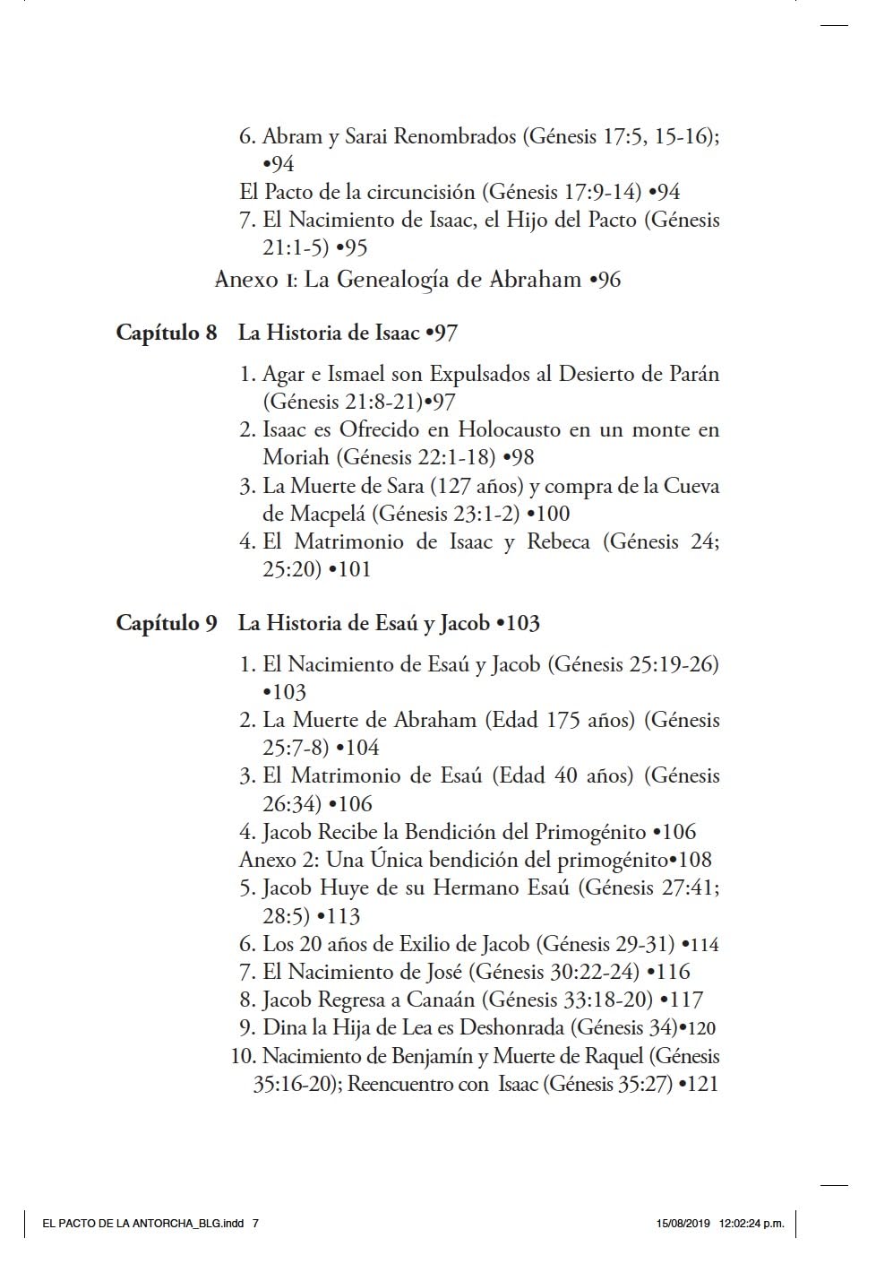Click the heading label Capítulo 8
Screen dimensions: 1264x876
[166, 333]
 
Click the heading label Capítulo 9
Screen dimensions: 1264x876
[166, 623]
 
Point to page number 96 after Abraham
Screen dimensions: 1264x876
[608, 280]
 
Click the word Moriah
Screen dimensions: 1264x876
[296, 457]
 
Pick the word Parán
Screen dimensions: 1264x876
[693, 374]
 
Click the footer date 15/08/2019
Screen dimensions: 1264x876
[683, 1223]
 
